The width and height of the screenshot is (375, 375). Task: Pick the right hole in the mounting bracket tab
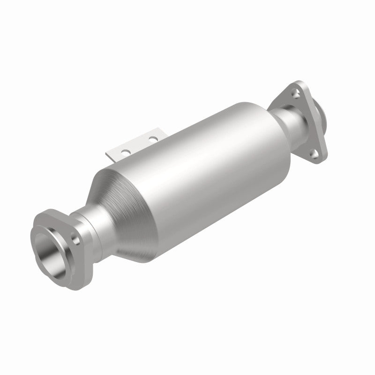pyautogui.click(x=152, y=138)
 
